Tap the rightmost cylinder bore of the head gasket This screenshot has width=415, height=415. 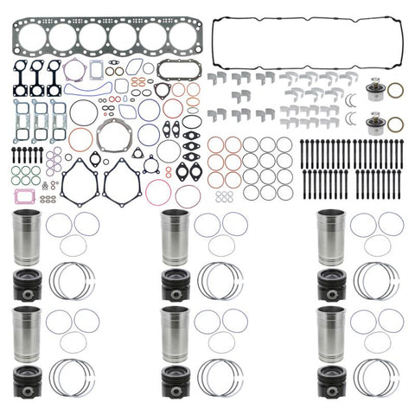click(182, 37)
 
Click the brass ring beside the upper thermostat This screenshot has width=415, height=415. click(395, 90)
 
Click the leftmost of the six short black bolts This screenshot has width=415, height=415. click(13, 156)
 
